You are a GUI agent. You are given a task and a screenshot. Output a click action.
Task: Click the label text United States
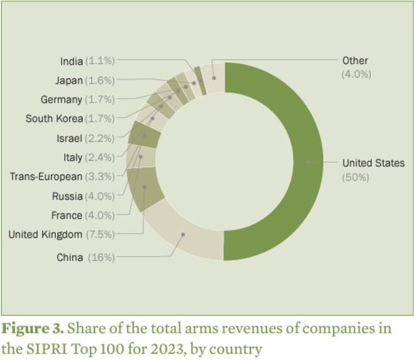(x=373, y=163)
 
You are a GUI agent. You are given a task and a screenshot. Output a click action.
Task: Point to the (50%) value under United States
(x=355, y=177)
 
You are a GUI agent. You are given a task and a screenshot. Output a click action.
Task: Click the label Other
(x=355, y=61)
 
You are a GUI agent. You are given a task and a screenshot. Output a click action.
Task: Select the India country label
(x=71, y=61)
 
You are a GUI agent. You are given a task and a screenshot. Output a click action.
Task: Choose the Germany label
(x=61, y=99)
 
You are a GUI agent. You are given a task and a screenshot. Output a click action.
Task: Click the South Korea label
(x=54, y=118)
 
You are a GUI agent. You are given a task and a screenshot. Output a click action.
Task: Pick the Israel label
(x=69, y=138)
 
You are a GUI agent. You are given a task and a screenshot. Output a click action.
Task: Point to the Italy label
(x=72, y=157)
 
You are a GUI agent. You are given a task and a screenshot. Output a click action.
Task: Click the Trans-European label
(x=46, y=177)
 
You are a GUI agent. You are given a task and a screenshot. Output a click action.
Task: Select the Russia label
(x=67, y=196)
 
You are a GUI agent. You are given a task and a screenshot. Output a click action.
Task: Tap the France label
(x=67, y=215)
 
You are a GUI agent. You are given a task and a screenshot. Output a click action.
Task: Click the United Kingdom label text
(x=45, y=234)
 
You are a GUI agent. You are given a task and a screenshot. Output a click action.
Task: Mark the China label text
(x=69, y=257)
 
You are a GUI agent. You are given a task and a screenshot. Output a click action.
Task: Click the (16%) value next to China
(x=100, y=257)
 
